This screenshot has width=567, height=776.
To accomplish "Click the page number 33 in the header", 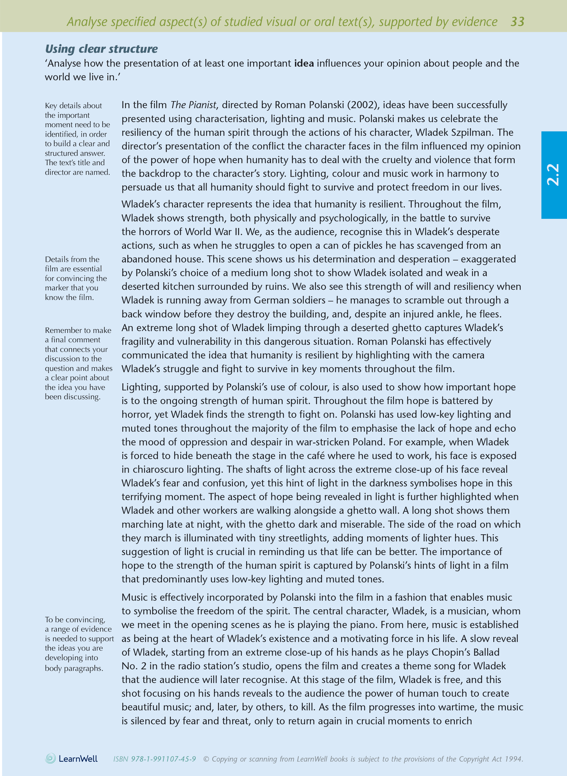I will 517,22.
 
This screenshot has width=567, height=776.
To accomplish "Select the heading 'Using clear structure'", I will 101,49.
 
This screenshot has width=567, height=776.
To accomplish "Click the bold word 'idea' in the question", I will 304,64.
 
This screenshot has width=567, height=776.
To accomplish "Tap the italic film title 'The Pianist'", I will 193,105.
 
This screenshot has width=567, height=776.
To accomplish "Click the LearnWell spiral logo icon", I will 50,758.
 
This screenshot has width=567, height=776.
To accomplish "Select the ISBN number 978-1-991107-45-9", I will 163,759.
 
